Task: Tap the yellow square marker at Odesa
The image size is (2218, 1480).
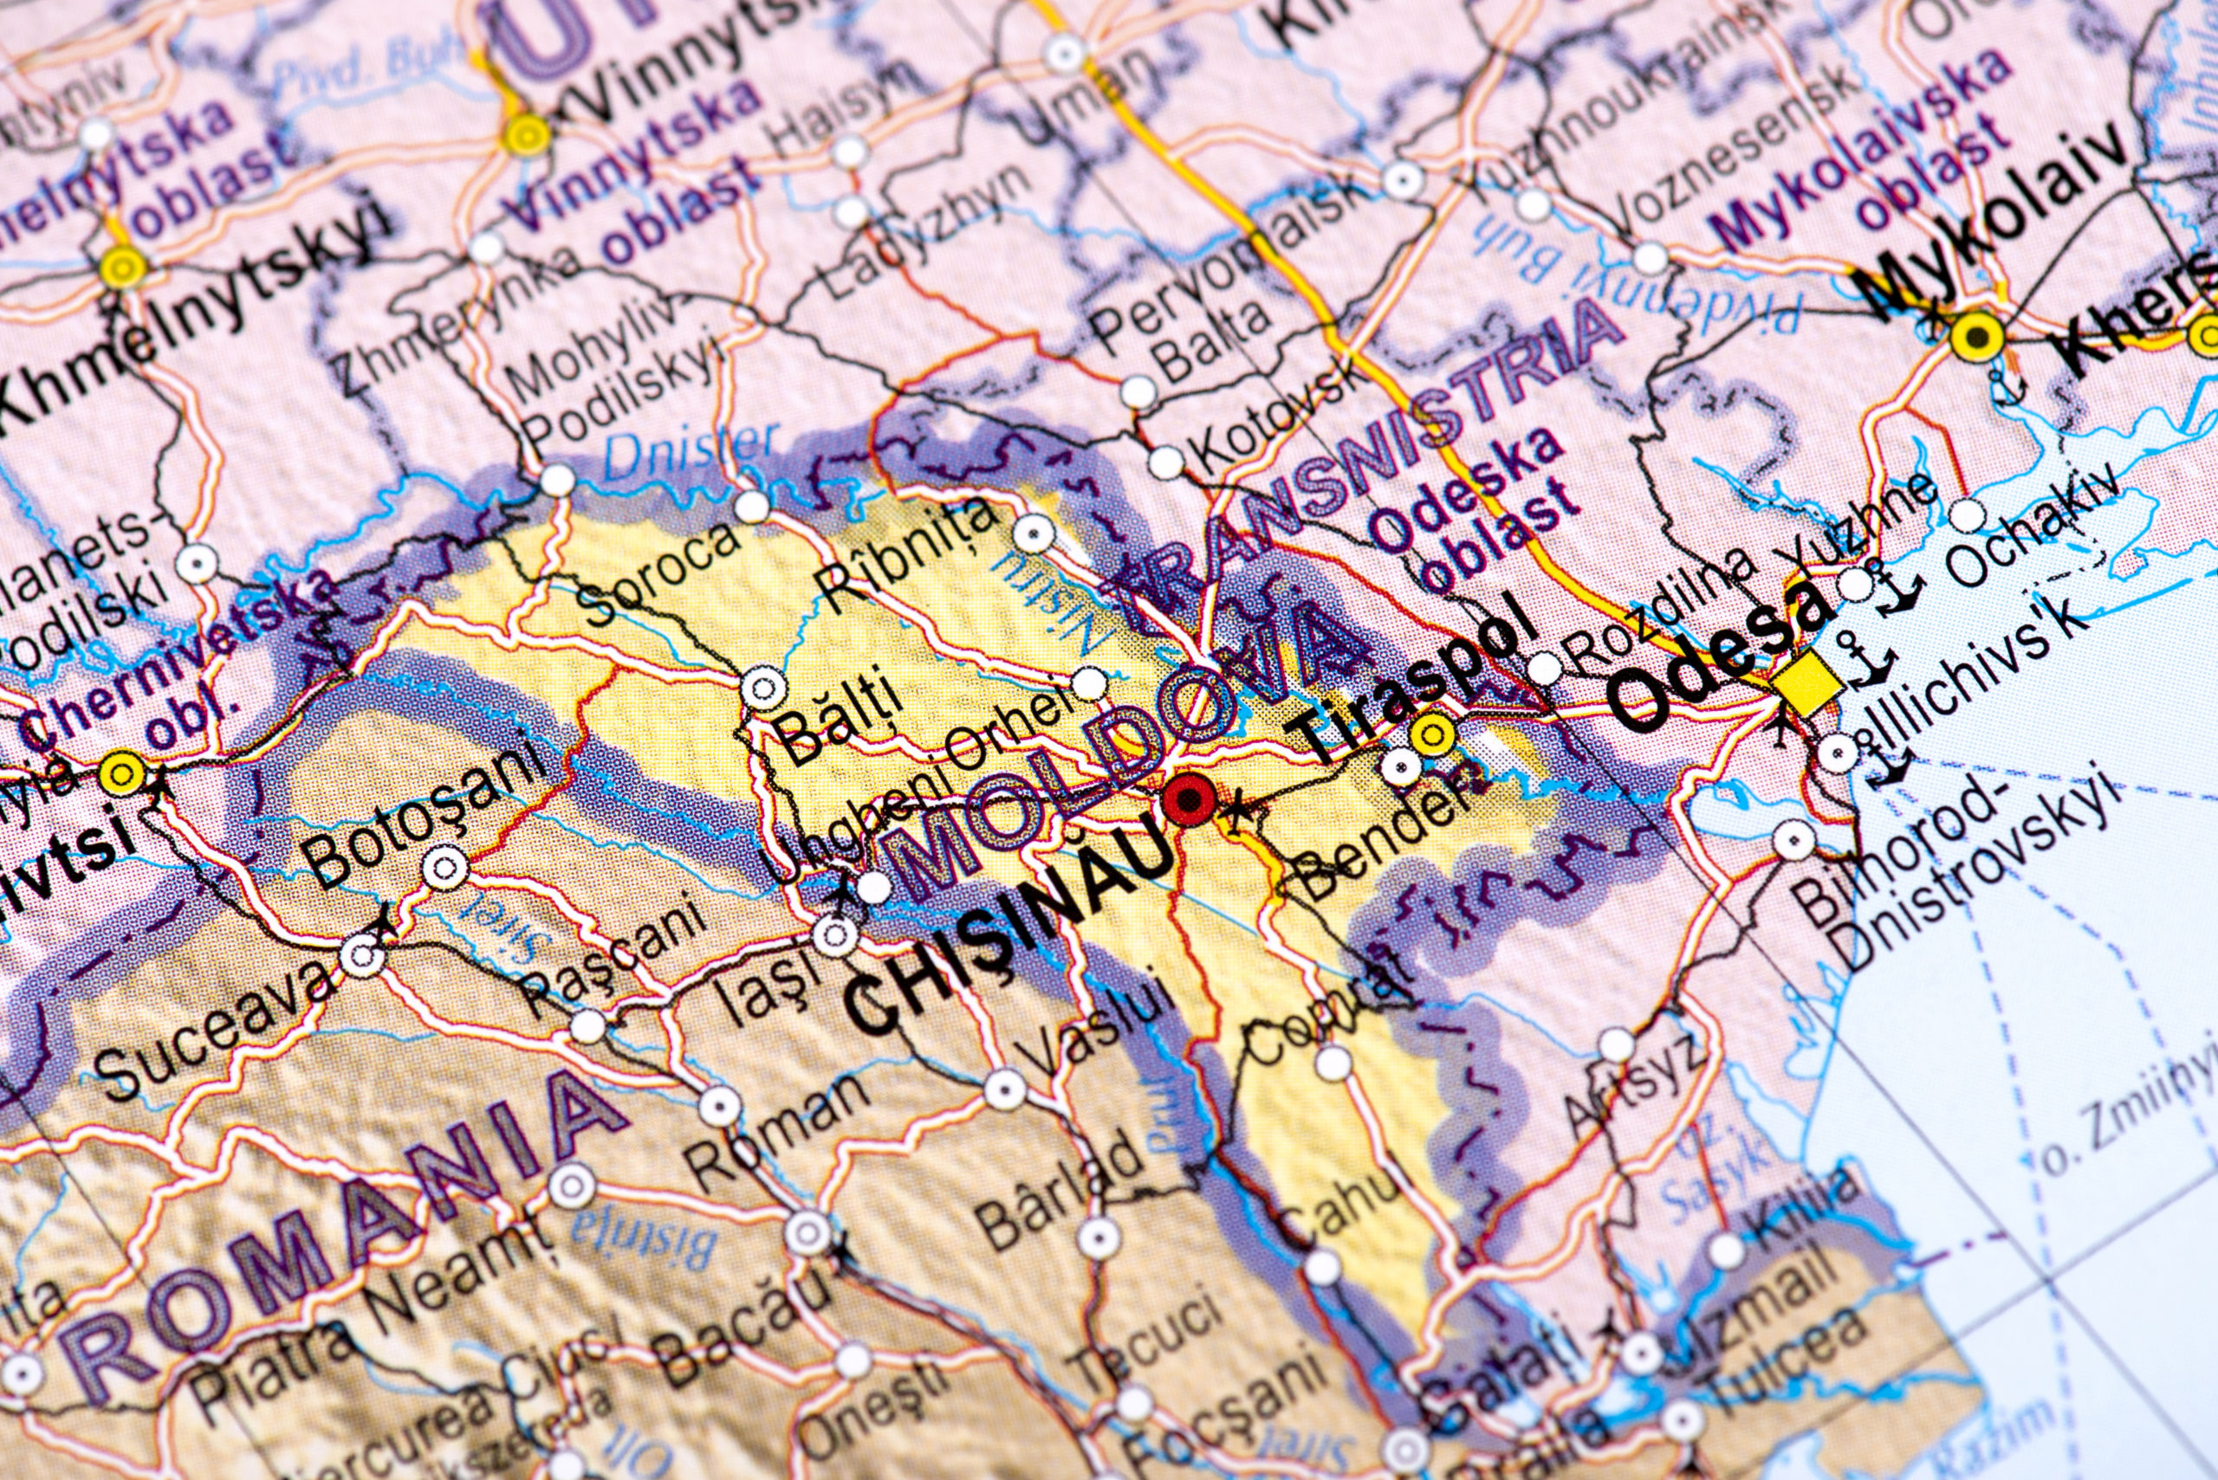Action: [x=1806, y=682]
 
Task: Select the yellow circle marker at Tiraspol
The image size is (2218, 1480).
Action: [x=1432, y=734]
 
